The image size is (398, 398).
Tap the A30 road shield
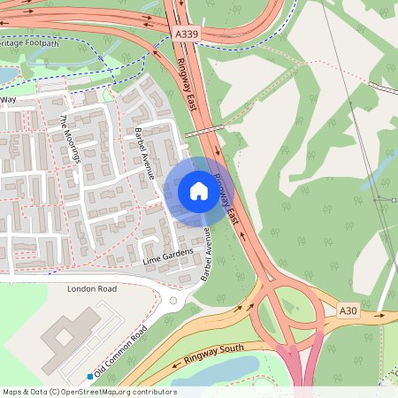pos(349,310)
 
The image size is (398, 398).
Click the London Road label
pos(92,289)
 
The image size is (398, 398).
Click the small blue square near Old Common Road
pos(90,378)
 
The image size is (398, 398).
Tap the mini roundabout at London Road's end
pos(173,301)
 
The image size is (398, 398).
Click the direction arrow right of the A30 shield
pos(381,314)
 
